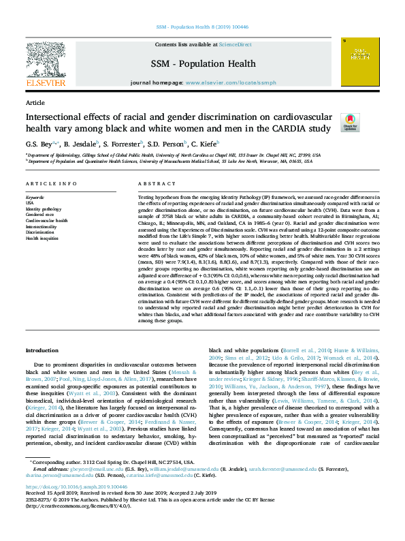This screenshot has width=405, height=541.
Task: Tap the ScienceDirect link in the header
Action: tap(235, 44)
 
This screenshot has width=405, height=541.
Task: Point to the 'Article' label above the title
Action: tap(35, 102)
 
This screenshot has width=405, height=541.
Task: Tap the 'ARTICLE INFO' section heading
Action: tap(51, 185)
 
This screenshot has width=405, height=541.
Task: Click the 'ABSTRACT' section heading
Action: tap(152, 185)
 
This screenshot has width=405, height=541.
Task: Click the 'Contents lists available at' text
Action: tap(186, 44)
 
